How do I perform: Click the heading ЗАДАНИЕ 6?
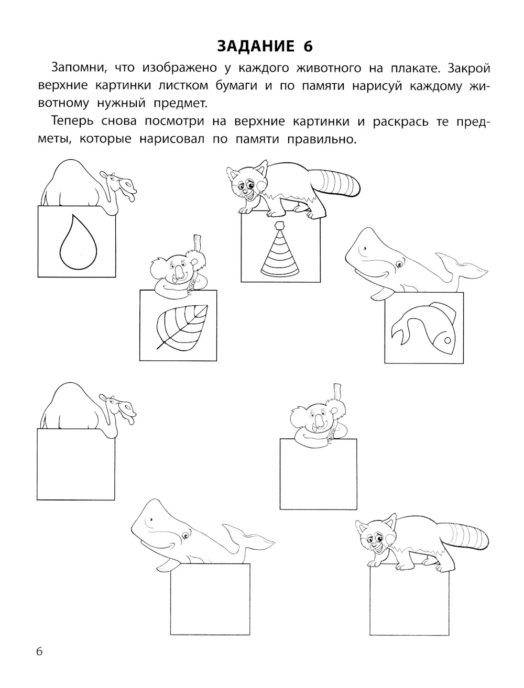[x=265, y=47]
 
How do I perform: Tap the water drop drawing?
[x=78, y=242]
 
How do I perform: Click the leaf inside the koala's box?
[x=182, y=327]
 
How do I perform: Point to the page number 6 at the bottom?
[x=39, y=651]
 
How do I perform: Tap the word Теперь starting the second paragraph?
[x=72, y=121]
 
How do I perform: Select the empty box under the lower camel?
[x=76, y=464]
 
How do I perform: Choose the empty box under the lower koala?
[x=318, y=474]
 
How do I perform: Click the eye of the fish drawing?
[x=447, y=340]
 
